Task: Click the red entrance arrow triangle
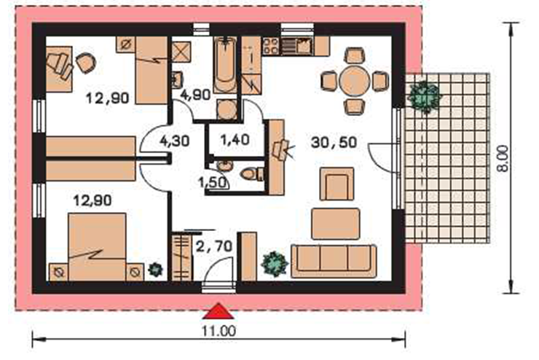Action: pos(219,311)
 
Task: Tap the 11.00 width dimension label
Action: pos(219,331)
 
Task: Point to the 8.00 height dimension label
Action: pos(503,159)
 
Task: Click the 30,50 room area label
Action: pos(334,142)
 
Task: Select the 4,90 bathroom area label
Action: pos(195,95)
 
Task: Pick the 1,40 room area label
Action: pos(235,140)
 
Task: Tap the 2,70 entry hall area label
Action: pos(214,246)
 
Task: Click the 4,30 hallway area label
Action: pos(175,141)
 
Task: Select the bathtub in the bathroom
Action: pos(225,65)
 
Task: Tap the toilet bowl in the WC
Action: pos(252,174)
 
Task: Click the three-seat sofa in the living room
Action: pos(334,262)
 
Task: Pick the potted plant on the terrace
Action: pos(425,96)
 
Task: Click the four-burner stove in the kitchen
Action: pos(271,47)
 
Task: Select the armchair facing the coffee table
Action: pos(337,184)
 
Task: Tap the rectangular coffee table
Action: pos(336,224)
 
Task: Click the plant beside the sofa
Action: pos(275,264)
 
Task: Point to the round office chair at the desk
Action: pos(86,63)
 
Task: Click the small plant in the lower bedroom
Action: pos(155,270)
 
